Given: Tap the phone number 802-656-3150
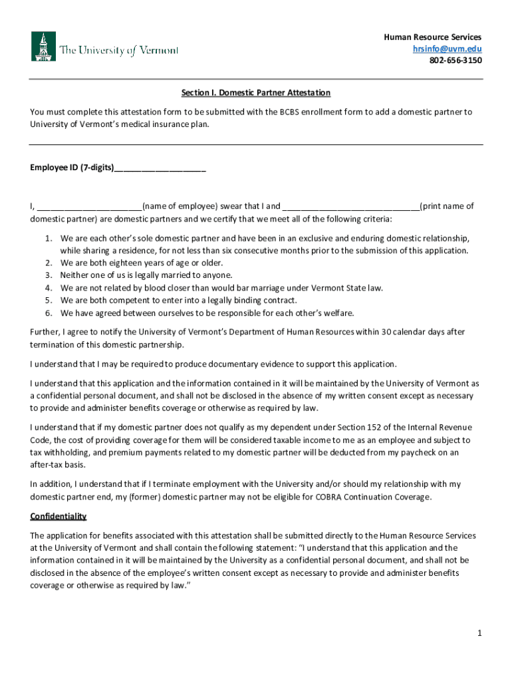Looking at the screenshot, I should point(455,61).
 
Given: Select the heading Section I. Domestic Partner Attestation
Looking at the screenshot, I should point(256,92).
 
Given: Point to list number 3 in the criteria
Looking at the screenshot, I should point(49,275).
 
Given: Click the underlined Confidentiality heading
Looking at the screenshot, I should point(59,517).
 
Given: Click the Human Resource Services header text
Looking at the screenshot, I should point(433,37).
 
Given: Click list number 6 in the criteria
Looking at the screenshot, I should point(49,313).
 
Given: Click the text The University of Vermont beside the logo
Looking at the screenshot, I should point(119,51).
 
